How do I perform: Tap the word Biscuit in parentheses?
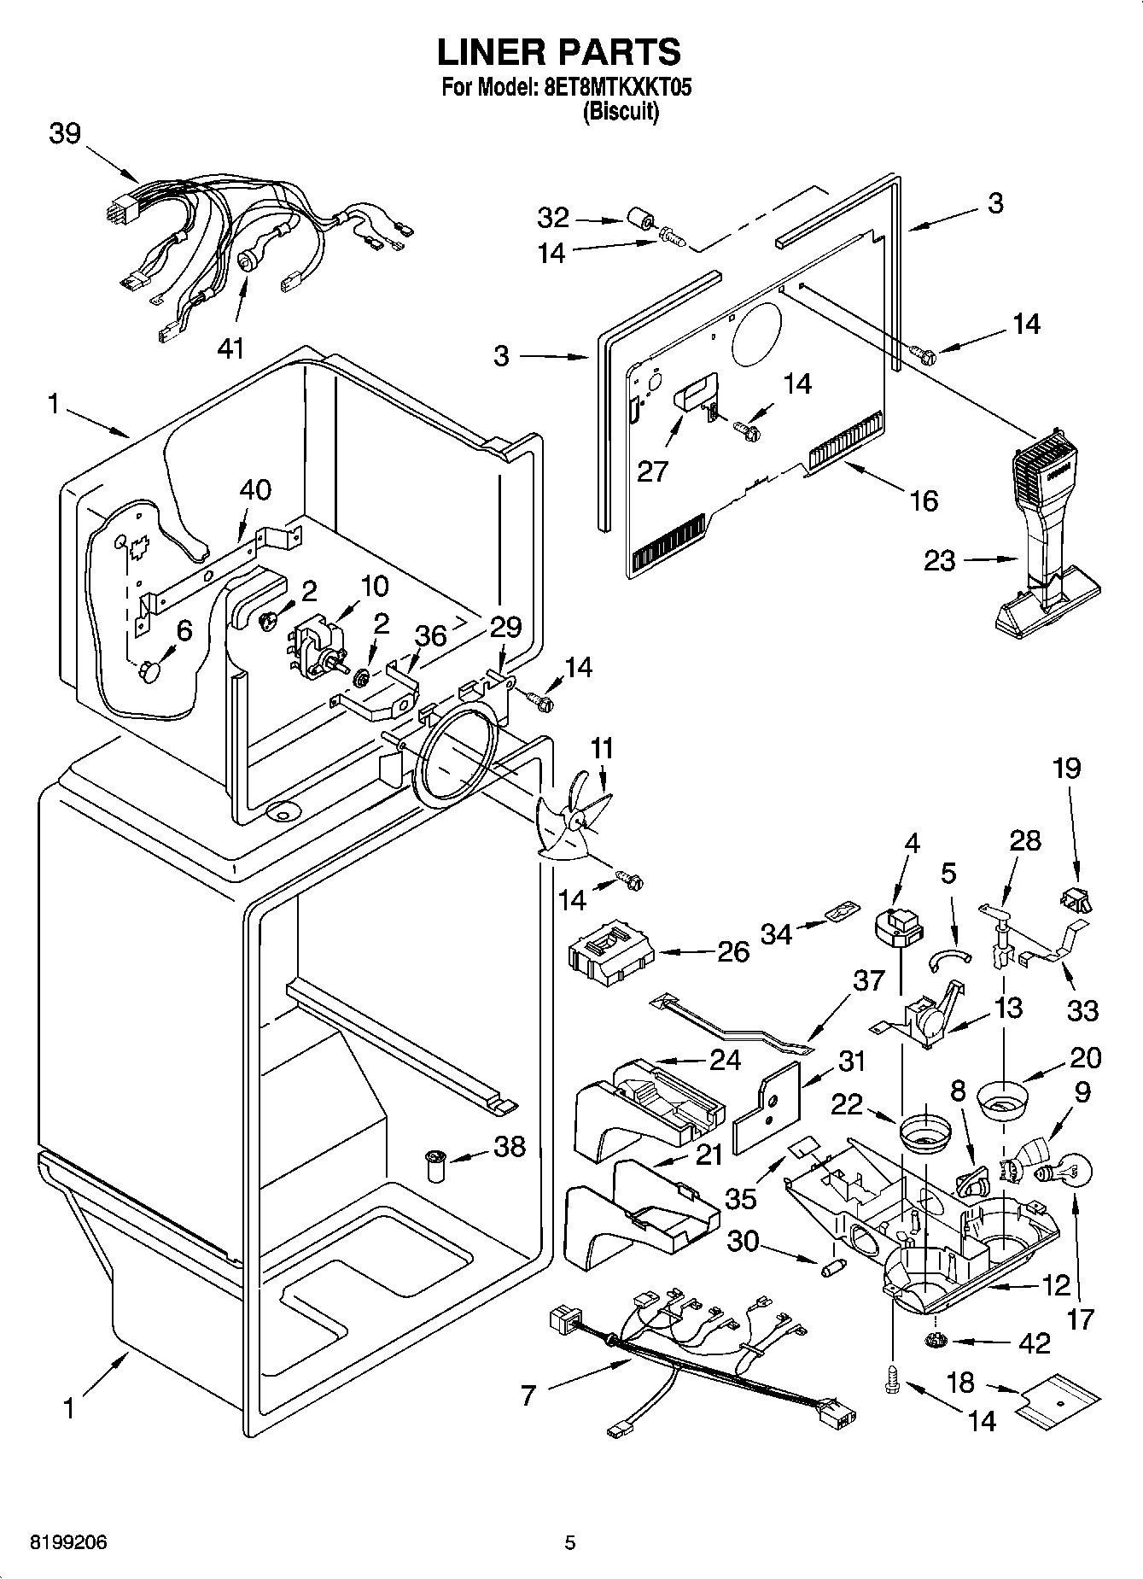click(621, 113)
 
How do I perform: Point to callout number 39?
click(65, 134)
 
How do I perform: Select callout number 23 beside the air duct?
click(940, 561)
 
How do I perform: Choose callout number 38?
click(510, 1146)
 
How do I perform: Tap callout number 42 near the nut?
click(1035, 1343)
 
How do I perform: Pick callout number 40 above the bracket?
click(254, 489)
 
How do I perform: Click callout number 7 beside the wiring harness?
click(528, 1395)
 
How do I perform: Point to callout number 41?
click(230, 348)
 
